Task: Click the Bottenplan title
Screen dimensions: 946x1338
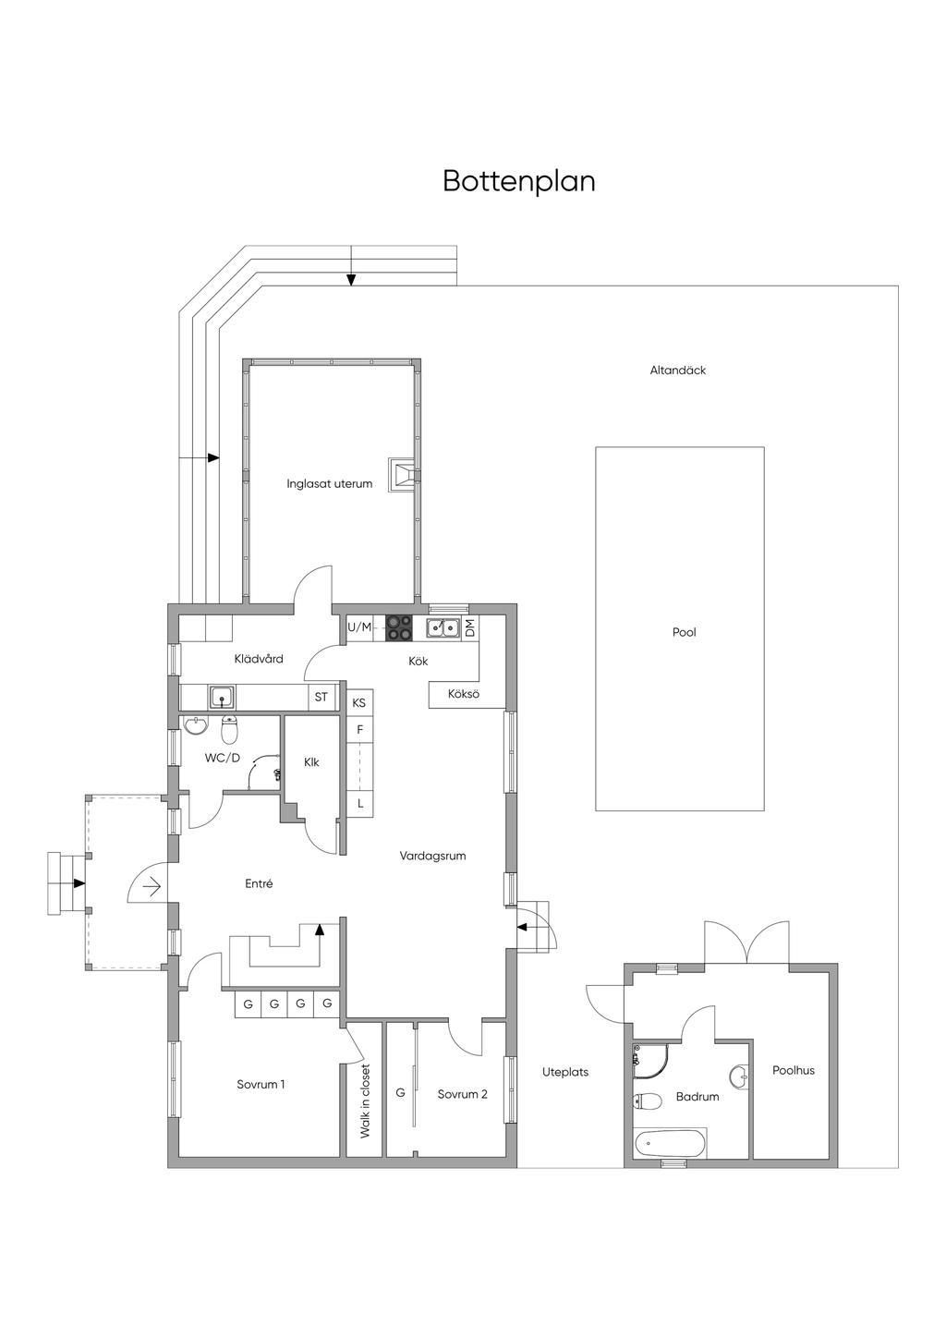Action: pos(519,181)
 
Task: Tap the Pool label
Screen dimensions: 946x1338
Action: pos(685,632)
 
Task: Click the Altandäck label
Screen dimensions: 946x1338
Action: pos(678,371)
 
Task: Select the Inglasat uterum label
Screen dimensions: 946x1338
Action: pos(329,484)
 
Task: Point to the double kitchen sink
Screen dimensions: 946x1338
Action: pos(443,627)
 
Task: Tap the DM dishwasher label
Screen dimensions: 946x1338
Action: pos(470,627)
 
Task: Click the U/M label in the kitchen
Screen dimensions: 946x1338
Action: pos(359,627)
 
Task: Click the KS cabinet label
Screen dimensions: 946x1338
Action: pos(359,703)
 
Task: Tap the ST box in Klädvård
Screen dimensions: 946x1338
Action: pos(321,697)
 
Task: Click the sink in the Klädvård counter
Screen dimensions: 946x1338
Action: pos(222,697)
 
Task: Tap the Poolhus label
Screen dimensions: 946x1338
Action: pos(794,1070)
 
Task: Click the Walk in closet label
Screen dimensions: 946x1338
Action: pos(365,1101)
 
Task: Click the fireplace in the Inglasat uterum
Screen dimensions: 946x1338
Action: pos(403,476)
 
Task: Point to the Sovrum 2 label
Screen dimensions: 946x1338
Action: pos(462,1094)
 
